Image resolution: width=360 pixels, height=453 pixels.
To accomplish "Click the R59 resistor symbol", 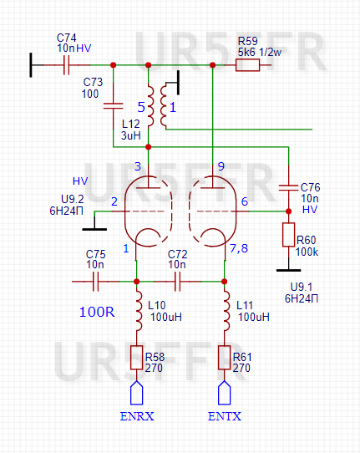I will pos(248,64).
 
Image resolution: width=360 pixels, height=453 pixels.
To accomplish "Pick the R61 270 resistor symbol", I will pos(224,358).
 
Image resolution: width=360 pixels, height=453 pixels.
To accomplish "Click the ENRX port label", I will pos(136,416).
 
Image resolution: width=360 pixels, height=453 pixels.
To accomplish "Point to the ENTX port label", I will pos(223,416).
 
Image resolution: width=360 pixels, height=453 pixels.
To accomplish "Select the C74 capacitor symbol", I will pos(65,64).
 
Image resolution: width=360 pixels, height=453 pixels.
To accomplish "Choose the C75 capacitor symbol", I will pos(96,281).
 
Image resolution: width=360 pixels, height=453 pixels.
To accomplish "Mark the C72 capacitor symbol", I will pos(177,281).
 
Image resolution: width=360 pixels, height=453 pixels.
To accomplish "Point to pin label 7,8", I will pos(238,248).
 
